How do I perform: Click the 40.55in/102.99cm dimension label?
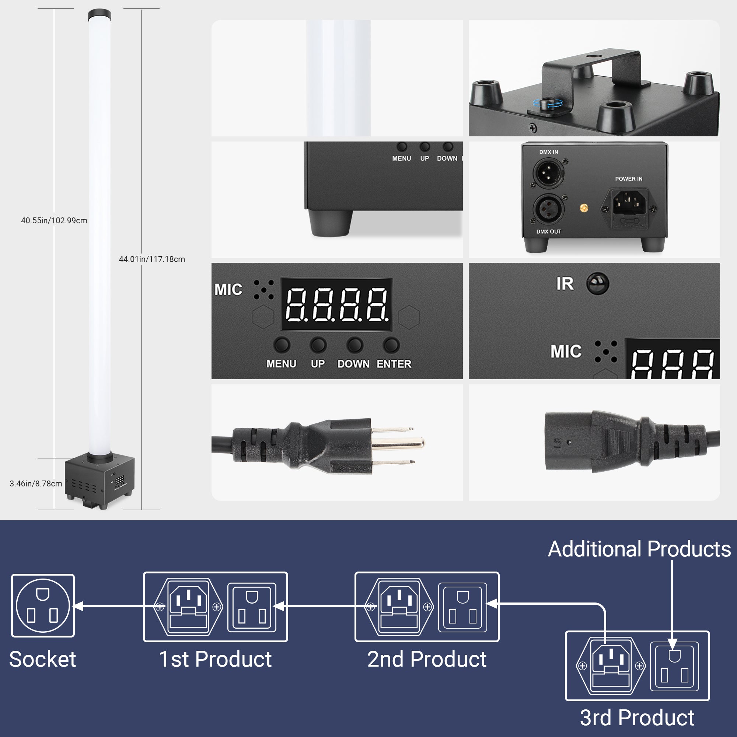pyautogui.click(x=54, y=220)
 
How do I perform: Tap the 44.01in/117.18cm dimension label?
pyautogui.click(x=152, y=259)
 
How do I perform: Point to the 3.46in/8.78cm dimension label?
pyautogui.click(x=35, y=483)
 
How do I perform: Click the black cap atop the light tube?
pyautogui.click(x=99, y=15)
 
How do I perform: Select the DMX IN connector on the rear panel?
pyautogui.click(x=548, y=172)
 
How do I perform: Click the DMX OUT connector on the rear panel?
pyautogui.click(x=548, y=209)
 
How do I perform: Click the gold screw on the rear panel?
pyautogui.click(x=583, y=208)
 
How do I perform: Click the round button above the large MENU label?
pyautogui.click(x=282, y=345)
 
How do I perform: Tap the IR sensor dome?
pyautogui.click(x=597, y=283)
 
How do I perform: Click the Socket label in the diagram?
pyautogui.click(x=42, y=659)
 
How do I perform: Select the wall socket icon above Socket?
pyautogui.click(x=43, y=605)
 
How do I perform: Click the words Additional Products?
pyautogui.click(x=639, y=549)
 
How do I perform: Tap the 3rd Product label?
pyautogui.click(x=637, y=717)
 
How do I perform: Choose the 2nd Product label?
pyautogui.click(x=426, y=659)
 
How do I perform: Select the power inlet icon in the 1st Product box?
pyautogui.click(x=188, y=606)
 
